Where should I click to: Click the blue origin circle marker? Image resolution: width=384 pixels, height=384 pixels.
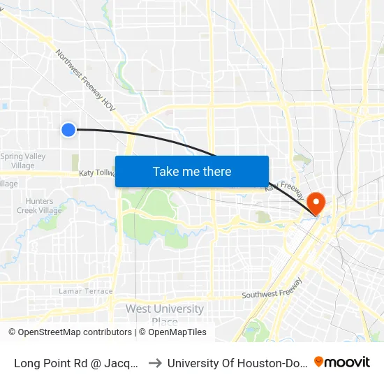pyautogui.click(x=68, y=129)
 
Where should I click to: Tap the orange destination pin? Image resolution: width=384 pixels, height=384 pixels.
pyautogui.click(x=316, y=202)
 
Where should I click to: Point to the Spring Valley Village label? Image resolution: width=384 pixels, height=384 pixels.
pyautogui.click(x=22, y=161)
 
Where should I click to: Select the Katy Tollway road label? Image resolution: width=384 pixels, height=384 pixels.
pyautogui.click(x=96, y=172)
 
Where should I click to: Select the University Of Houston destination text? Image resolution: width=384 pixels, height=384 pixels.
pyautogui.click(x=237, y=362)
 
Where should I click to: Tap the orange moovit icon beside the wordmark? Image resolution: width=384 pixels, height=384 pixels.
pyautogui.click(x=319, y=362)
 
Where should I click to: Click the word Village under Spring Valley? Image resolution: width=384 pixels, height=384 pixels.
pyautogui.click(x=22, y=165)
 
